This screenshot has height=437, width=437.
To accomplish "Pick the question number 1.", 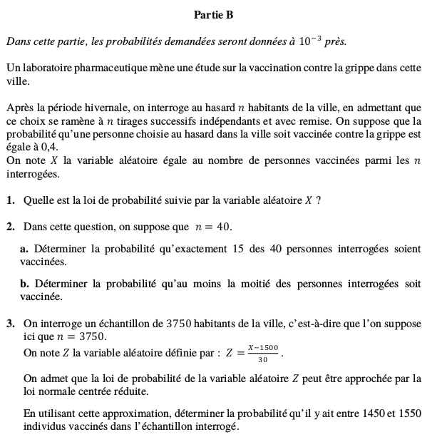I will [11, 200].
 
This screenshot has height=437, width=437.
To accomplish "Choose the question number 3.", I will [11, 324].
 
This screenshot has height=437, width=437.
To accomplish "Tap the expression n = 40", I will [214, 227].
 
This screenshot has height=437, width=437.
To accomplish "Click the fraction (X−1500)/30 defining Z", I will [262, 353].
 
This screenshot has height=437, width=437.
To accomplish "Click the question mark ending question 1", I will [317, 200].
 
